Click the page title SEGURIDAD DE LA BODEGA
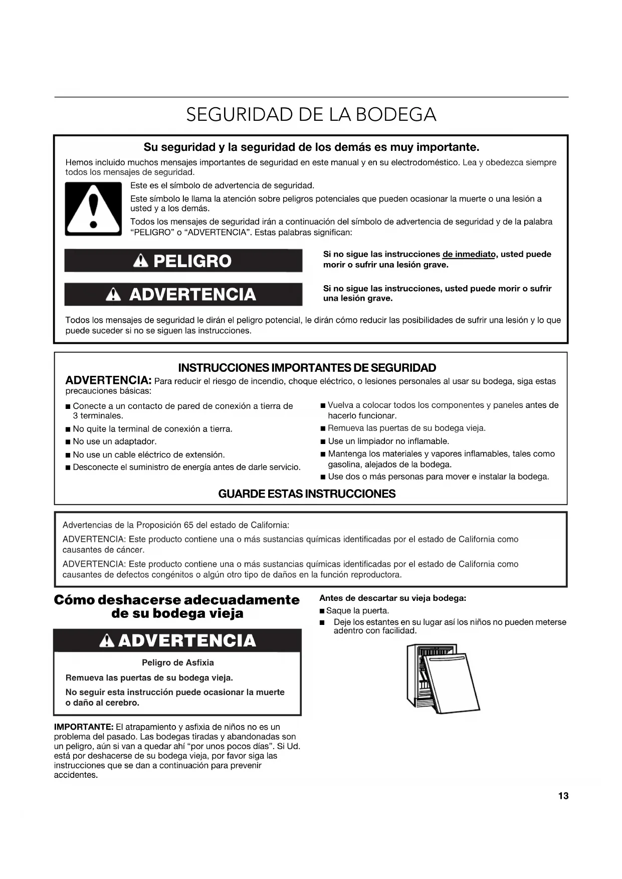[x=311, y=115]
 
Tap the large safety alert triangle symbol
[x=93, y=208]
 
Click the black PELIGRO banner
[x=183, y=261]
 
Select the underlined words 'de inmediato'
[x=469, y=254]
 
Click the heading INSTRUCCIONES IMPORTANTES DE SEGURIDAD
[x=307, y=368]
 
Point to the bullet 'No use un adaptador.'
[x=115, y=442]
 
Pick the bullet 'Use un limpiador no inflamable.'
[x=388, y=441]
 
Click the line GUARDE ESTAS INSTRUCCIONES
[x=307, y=494]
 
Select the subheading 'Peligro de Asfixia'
[x=177, y=663]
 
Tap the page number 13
[x=563, y=796]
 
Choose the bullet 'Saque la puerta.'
[x=357, y=610]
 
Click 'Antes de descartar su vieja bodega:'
[x=393, y=598]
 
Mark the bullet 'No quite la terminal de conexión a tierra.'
[x=152, y=429]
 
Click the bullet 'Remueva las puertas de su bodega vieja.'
[x=406, y=428]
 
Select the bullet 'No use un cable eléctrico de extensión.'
[x=149, y=455]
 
